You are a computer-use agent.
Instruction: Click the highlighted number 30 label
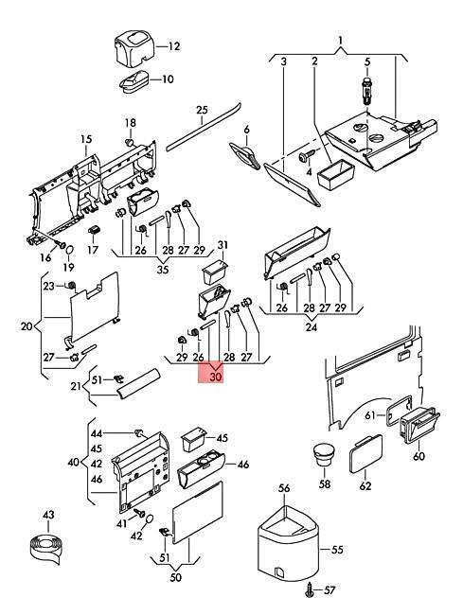216,377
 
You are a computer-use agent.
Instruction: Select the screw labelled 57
311,589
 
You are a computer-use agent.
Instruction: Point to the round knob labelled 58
324,454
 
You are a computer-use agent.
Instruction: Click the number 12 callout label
174,46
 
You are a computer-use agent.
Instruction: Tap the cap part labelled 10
134,80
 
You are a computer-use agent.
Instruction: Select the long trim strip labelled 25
204,127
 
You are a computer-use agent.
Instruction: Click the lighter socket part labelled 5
367,91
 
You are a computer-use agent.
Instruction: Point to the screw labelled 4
306,156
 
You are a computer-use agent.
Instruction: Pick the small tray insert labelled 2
335,176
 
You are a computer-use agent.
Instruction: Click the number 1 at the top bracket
340,40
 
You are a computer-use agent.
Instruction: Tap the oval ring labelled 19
69,250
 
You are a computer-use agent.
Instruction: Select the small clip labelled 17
93,230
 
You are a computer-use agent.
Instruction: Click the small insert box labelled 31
215,272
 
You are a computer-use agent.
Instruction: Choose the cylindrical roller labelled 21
138,383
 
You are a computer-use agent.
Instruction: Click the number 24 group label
311,326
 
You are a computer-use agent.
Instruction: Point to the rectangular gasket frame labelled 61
399,410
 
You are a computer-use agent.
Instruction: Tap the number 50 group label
176,577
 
